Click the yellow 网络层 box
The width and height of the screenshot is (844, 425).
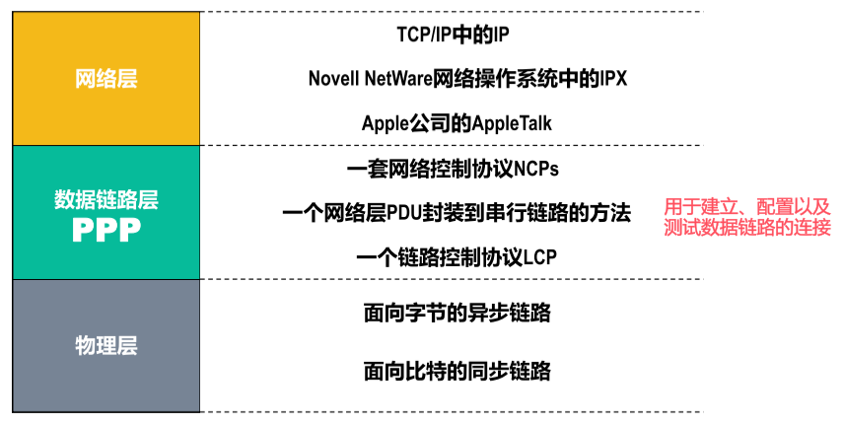tap(106, 79)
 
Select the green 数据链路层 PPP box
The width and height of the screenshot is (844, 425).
tap(106, 212)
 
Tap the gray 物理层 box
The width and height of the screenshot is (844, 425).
tap(106, 345)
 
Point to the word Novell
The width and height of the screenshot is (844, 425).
tap(333, 79)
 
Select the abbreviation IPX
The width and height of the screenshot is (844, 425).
tap(613, 79)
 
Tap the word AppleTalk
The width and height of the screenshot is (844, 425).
tap(512, 123)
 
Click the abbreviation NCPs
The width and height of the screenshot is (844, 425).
tap(536, 169)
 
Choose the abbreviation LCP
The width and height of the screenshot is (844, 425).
tap(538, 257)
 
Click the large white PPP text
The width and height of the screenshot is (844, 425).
tap(106, 230)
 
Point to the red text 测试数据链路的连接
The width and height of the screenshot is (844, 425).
tap(747, 228)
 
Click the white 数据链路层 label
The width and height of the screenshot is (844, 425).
tap(106, 200)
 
